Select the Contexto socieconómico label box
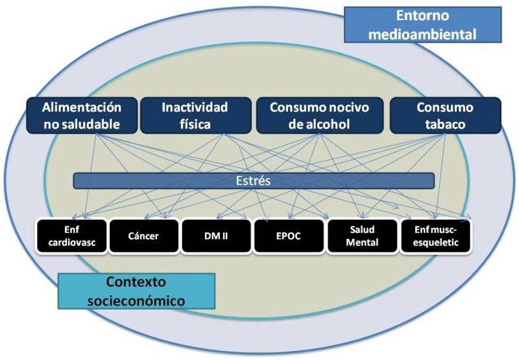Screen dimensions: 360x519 point(136,291)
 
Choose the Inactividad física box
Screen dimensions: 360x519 point(195,115)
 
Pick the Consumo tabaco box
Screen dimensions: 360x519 point(445,115)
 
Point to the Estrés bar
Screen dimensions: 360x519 point(254,181)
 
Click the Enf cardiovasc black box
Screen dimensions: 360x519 point(71,235)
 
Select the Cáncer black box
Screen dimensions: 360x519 point(143,235)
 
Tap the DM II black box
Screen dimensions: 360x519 point(215,235)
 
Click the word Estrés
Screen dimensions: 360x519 point(254,181)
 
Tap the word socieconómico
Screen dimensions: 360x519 point(136,300)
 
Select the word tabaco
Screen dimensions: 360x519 point(445,124)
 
